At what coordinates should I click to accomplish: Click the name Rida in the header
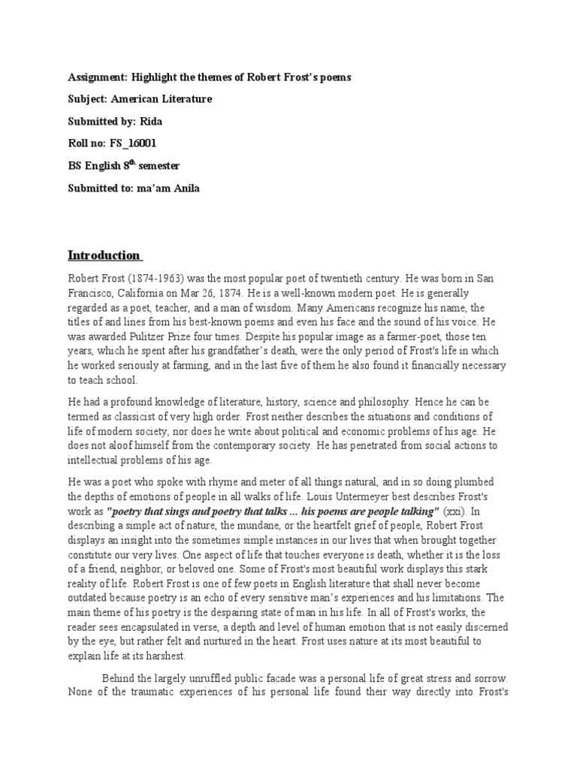153,121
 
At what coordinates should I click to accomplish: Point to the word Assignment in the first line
98,77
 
